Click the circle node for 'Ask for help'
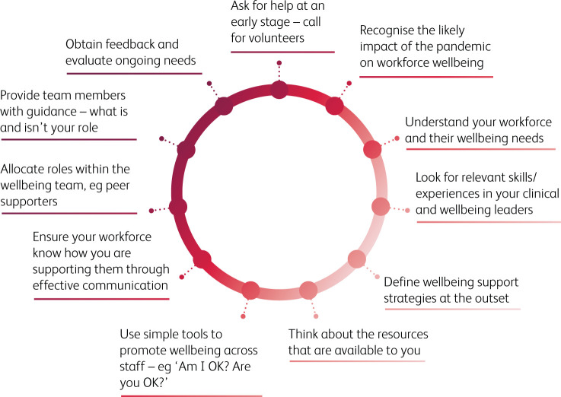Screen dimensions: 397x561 tap(280, 90)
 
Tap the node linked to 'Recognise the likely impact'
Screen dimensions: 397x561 tap(334, 105)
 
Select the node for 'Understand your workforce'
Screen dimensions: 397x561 tap(372, 149)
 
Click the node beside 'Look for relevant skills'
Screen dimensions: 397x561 tap(380, 206)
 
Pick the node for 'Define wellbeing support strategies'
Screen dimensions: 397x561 tap(356, 259)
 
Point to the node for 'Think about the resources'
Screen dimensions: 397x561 tap(308, 290)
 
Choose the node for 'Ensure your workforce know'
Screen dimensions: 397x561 tap(202, 259)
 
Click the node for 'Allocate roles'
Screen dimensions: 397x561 tap(178, 206)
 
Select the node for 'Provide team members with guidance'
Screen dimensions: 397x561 tap(186, 149)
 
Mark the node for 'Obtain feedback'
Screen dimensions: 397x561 tap(224, 105)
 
